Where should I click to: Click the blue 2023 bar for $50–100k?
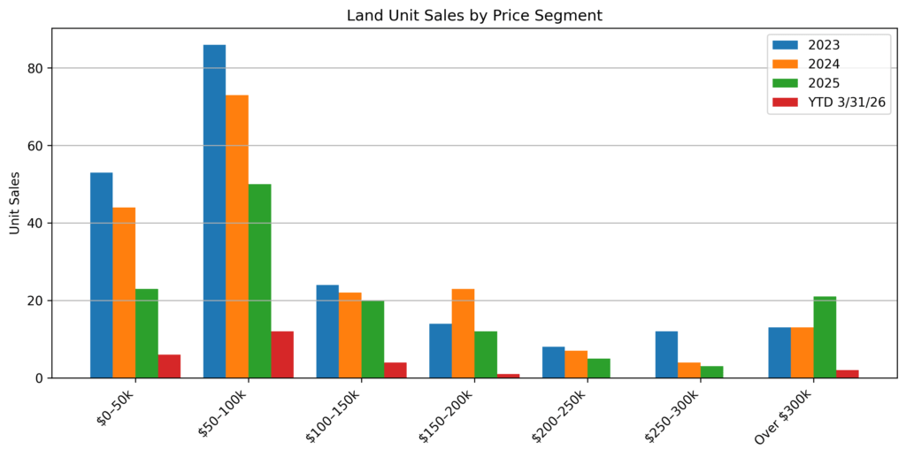[214, 211]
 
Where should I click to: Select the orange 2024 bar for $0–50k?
[124, 293]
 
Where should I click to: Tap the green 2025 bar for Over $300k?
[825, 337]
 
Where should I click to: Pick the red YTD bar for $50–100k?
[282, 354]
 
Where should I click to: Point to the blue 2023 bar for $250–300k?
[666, 354]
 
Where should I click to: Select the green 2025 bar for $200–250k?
[599, 368]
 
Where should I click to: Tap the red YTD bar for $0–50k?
[169, 366]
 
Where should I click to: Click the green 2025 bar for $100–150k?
[372, 339]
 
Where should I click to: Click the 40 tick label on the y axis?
[35, 223]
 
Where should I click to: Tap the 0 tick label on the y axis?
[39, 378]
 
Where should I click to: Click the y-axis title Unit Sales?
[15, 202]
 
